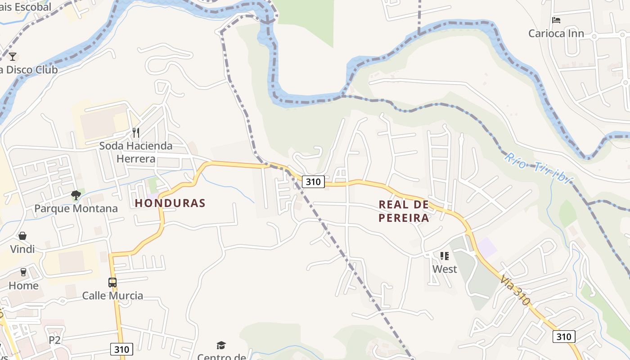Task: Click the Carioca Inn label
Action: point(556,33)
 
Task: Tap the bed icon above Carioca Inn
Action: point(556,20)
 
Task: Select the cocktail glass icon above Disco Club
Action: point(13,56)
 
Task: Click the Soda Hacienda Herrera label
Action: point(135,152)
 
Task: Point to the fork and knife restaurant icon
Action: point(135,132)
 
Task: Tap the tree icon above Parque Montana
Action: point(76,195)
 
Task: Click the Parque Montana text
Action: point(76,209)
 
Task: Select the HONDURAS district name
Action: point(170,203)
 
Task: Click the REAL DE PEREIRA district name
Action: point(404,211)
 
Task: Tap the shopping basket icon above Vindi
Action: point(22,236)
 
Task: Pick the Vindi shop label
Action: point(22,249)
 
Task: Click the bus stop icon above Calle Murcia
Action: point(112,283)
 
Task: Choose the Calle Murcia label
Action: point(112,296)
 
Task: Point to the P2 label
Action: point(54,340)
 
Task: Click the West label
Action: point(445,269)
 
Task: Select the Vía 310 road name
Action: point(515,290)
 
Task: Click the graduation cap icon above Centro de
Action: point(221,345)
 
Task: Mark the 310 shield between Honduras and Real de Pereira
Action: point(313,182)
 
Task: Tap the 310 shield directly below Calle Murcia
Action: point(121,349)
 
